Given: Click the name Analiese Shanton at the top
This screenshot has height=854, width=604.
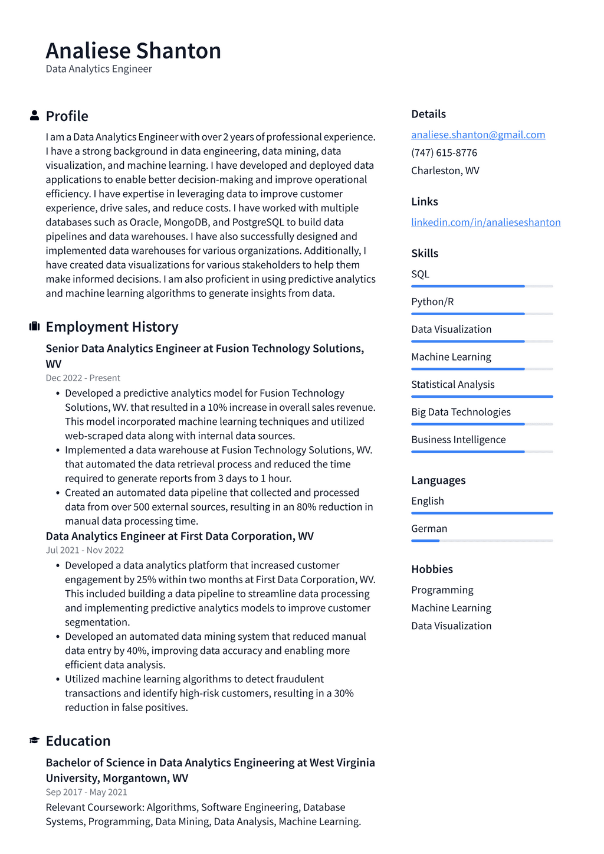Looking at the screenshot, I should tap(133, 51).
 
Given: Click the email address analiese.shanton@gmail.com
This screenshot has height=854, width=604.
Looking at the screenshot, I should tap(478, 135).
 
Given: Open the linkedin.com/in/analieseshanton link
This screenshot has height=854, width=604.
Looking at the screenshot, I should tap(485, 222).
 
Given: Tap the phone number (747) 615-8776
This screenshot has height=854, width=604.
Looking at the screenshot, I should tap(444, 152).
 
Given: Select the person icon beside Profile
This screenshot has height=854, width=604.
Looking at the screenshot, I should tap(34, 116).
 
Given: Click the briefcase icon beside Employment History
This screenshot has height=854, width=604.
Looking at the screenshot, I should tap(34, 326).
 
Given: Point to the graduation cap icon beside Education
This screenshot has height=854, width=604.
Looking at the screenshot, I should tap(34, 740).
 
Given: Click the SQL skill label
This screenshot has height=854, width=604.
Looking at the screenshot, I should tap(420, 274).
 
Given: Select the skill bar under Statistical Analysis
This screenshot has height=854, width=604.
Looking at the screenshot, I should tap(482, 397).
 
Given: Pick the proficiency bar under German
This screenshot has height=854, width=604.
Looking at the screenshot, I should tap(482, 541).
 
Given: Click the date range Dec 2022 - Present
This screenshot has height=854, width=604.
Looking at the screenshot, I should tap(83, 378).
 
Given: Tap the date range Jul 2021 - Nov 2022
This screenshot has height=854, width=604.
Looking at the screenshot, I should tap(84, 550).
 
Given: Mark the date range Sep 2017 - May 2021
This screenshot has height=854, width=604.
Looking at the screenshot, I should tap(86, 792).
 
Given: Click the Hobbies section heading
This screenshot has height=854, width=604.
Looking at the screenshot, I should tap(432, 569).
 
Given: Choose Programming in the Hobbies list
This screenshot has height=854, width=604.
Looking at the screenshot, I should tap(442, 590).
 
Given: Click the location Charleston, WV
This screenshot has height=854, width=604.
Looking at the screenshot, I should tap(445, 171).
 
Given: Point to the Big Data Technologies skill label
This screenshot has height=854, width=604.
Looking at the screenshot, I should tap(461, 412).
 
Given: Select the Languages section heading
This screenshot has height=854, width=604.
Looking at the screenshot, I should tap(438, 480).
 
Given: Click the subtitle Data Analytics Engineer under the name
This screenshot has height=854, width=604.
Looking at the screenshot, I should tap(99, 69).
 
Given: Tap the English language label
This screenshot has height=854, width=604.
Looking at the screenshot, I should tap(427, 500).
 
